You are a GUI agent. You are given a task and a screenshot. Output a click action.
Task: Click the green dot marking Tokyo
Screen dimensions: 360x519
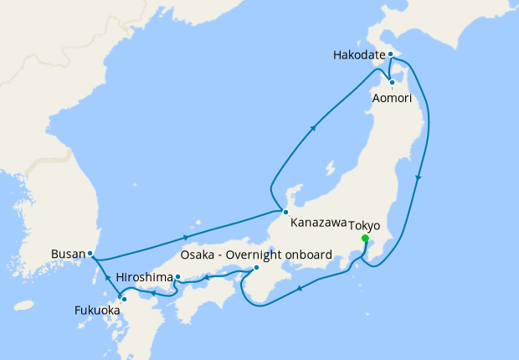[x=365, y=239]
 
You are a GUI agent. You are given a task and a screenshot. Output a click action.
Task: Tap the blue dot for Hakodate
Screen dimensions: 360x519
[x=390, y=54]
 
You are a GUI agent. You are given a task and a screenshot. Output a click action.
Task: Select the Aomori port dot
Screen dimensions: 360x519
[x=392, y=82]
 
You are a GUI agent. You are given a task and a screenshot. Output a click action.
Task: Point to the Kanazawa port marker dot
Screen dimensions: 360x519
[x=285, y=212]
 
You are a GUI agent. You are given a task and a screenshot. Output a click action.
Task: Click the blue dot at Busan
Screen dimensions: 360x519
[x=90, y=253]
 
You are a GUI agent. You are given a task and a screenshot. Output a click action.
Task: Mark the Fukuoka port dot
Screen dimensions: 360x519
[x=123, y=299]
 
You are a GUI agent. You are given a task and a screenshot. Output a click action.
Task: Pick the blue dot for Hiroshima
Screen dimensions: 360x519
[x=177, y=276]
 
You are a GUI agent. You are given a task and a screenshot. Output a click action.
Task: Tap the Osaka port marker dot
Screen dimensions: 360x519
[x=256, y=268]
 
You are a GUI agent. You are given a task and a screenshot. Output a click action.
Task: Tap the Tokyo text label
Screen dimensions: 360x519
[x=363, y=225]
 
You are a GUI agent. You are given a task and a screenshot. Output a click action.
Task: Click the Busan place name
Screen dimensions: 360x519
[x=67, y=254]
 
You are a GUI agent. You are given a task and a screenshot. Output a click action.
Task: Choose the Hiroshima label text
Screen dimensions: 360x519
[x=144, y=277]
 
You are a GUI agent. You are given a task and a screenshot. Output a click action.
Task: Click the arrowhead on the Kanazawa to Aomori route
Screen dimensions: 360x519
[x=314, y=128]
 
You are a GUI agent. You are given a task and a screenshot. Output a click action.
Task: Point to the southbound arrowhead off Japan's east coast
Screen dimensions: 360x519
[x=418, y=177]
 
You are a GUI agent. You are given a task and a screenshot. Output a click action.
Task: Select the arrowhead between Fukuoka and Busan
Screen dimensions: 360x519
[x=106, y=276]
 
